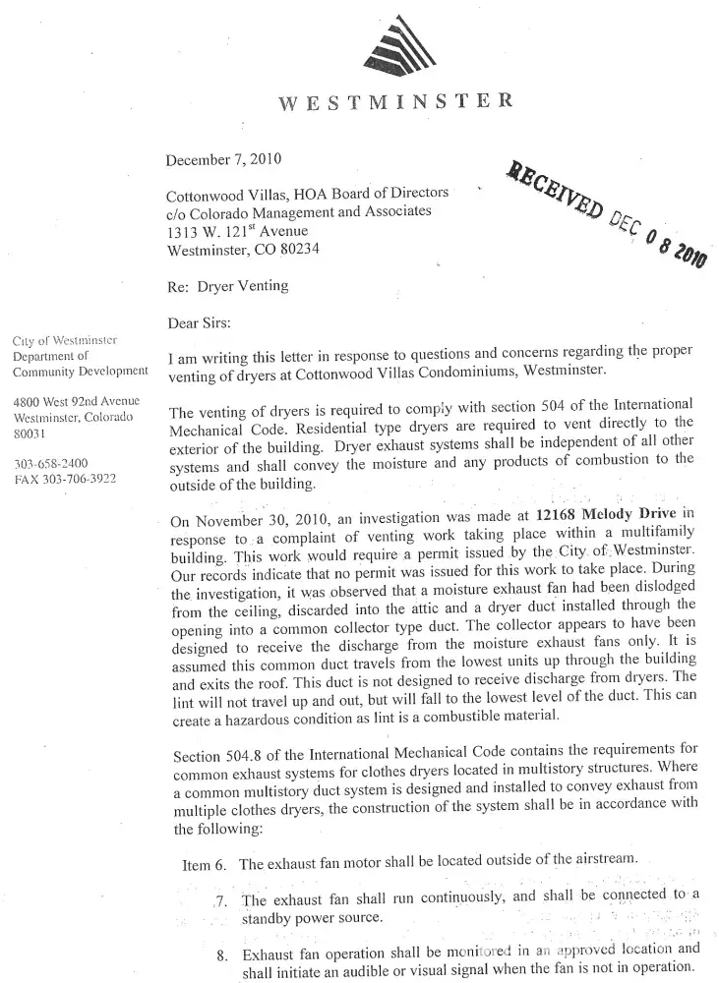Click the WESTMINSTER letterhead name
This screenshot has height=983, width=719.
[x=395, y=102]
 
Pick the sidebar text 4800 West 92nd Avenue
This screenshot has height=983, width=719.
[x=77, y=401]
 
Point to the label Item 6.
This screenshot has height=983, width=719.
[x=205, y=865]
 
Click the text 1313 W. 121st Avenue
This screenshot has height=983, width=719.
[x=237, y=232]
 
